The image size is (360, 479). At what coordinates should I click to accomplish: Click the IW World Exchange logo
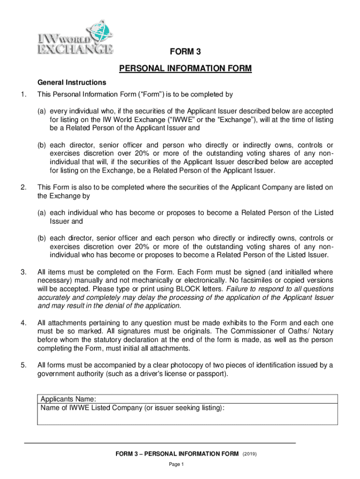click(75, 37)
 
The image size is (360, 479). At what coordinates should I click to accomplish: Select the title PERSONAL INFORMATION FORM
click(185, 69)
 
